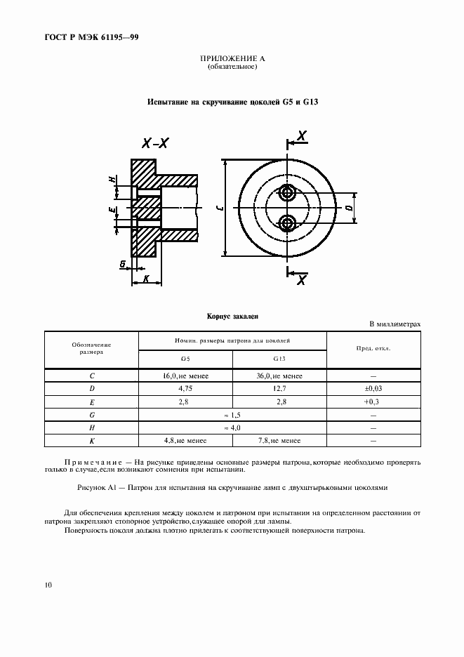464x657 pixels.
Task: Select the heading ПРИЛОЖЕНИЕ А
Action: pos(232,60)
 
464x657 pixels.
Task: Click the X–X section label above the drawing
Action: pos(155,143)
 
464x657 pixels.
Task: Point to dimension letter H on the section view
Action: pos(112,180)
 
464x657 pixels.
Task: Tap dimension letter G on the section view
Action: pos(123,264)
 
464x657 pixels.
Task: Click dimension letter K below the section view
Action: pos(146,278)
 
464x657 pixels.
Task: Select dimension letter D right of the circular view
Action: pos(349,208)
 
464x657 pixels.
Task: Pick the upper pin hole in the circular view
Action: pos(286,192)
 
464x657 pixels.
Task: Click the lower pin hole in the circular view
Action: pos(286,223)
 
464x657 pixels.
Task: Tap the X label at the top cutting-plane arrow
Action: pos(302,136)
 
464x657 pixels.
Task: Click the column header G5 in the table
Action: pos(185,359)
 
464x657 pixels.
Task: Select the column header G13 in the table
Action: pos(279,359)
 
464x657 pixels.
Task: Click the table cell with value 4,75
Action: pos(185,388)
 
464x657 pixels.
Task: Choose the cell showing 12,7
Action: pos(279,388)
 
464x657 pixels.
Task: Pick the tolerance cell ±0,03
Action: pos(373,388)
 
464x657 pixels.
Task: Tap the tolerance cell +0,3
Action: pos(373,401)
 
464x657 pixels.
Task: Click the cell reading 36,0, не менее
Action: pos(279,376)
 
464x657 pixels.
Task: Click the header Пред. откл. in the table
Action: pos(373,348)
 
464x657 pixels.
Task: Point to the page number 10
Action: pos(47,584)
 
